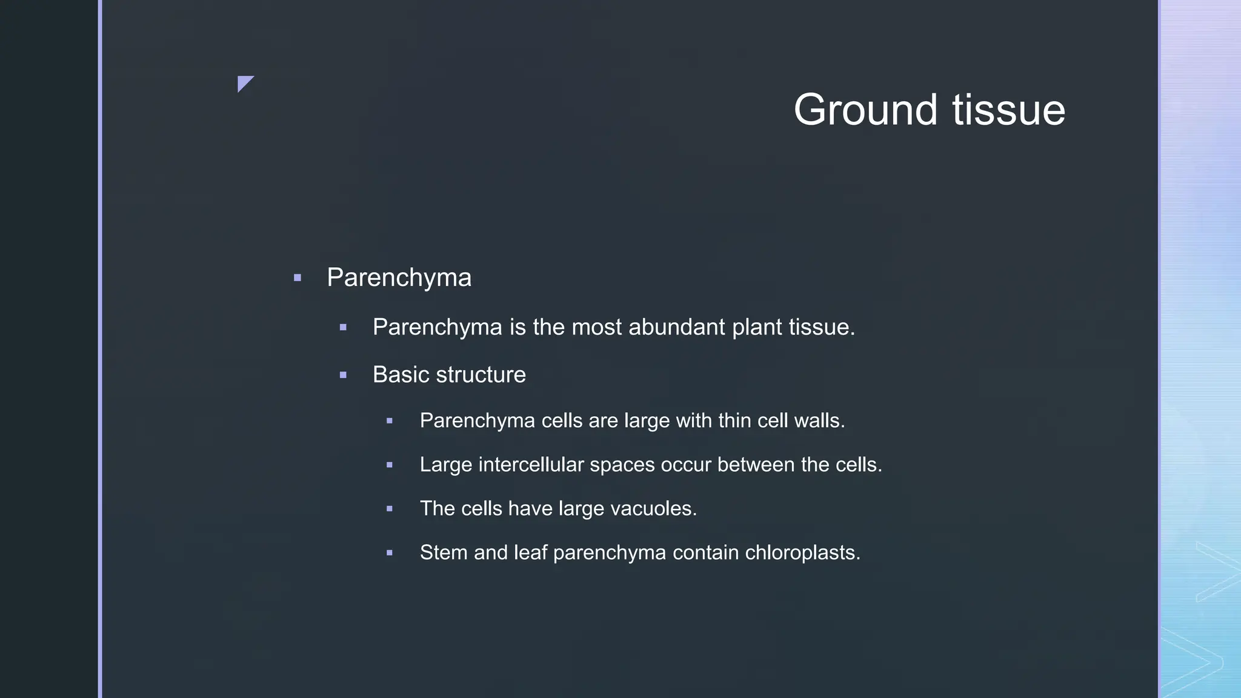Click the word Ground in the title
tap(867, 110)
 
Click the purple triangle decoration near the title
tap(244, 82)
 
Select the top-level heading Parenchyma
tap(399, 278)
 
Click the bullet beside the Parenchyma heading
tap(297, 278)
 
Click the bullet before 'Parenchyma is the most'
tap(343, 328)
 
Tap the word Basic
tap(397, 374)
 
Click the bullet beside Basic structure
tap(343, 375)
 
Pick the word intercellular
tap(531, 465)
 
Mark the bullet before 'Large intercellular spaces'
tap(389, 465)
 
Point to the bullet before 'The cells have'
tap(389, 509)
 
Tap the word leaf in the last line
tap(530, 553)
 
